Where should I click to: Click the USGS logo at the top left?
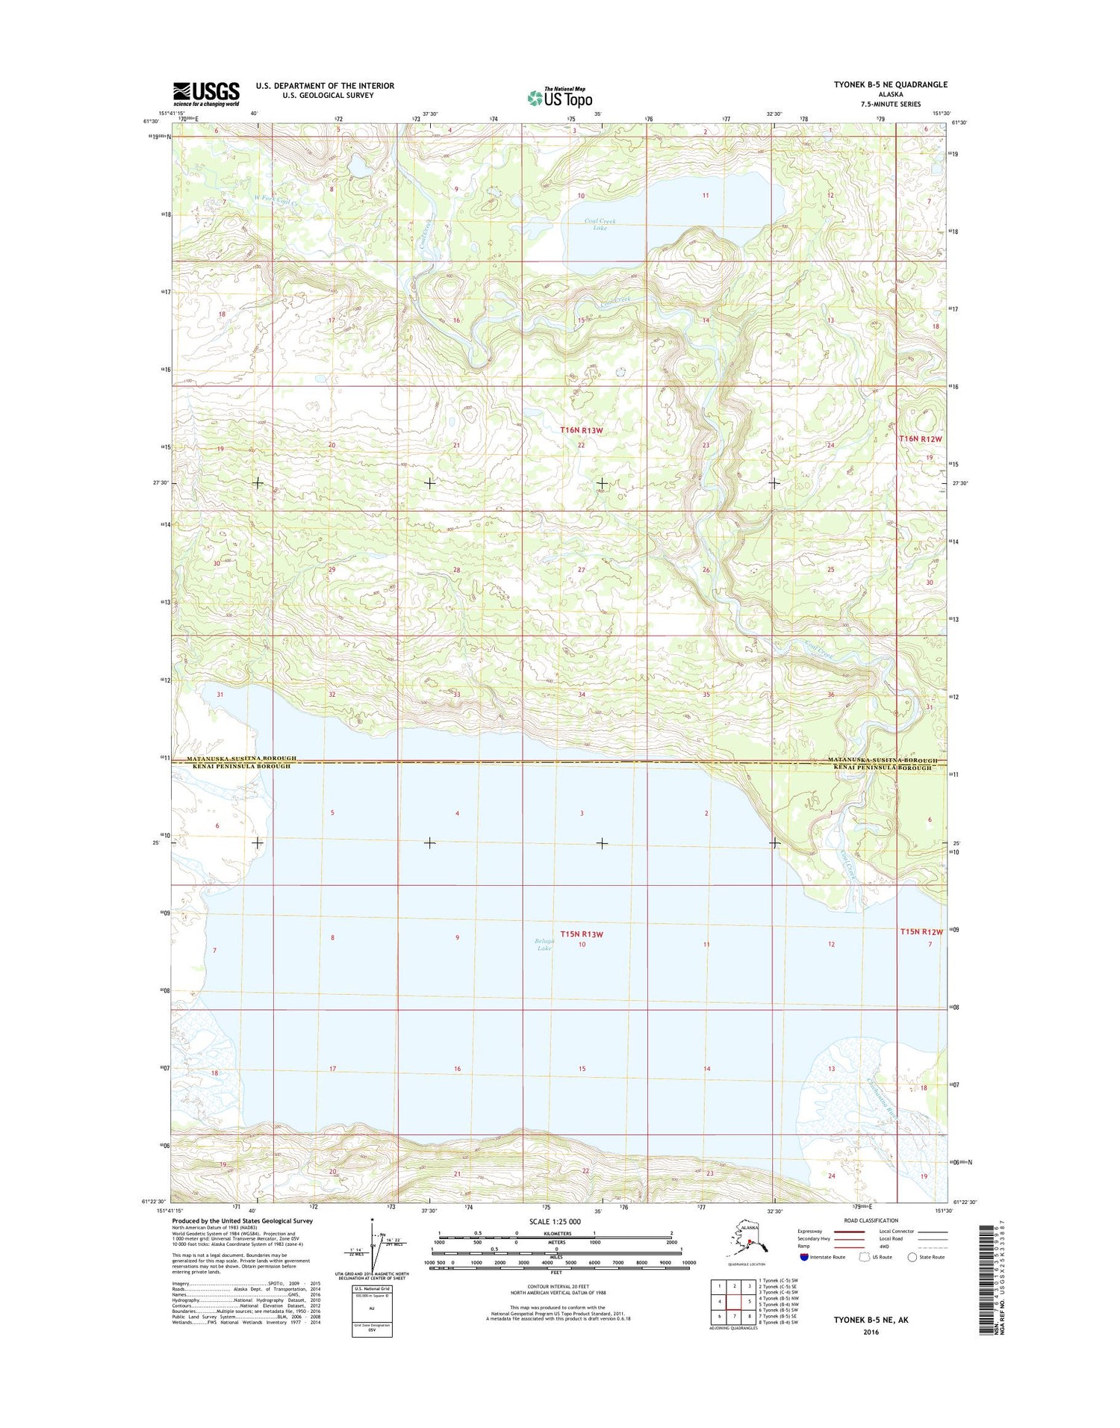click(206, 94)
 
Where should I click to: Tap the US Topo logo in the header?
click(560, 97)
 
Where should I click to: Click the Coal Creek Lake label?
click(601, 224)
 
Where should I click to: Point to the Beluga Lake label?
click(544, 944)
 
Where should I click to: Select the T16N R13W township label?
click(581, 430)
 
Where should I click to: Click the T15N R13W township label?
click(581, 934)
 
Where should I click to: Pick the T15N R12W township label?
click(921, 931)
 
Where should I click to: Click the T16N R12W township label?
click(920, 439)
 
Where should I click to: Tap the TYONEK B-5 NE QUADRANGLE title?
click(890, 84)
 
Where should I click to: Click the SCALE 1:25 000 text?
click(555, 1222)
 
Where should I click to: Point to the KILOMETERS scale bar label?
click(555, 1233)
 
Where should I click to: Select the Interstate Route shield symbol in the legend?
click(803, 1257)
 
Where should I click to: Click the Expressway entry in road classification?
click(809, 1232)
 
